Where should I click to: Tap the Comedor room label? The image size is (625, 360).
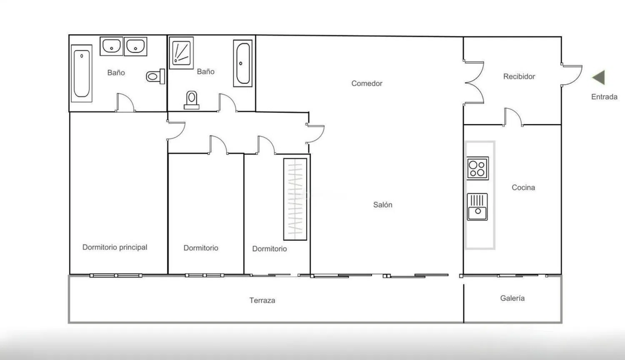pos(367,83)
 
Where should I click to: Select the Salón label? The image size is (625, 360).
pos(382,205)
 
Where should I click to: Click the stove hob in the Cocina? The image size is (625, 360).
pos(477,168)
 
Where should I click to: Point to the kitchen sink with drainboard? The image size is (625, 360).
pos(477,207)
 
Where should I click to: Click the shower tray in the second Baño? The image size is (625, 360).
pos(181,53)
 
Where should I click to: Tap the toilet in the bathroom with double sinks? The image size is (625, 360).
pos(155,76)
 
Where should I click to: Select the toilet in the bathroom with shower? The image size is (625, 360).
pos(191,100)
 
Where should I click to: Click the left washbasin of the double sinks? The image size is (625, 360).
pos(111,46)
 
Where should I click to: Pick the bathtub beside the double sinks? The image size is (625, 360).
pos(82,73)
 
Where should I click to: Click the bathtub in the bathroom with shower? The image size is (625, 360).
pos(243,63)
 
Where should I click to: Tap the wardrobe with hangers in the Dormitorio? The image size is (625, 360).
pos(295,199)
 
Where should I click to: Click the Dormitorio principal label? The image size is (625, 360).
pos(115,247)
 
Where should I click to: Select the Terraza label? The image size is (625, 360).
pos(262,300)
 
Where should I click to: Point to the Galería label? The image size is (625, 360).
pos(512,298)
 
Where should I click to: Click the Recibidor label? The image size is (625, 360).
pos(519,77)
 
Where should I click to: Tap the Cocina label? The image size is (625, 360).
pos(523,187)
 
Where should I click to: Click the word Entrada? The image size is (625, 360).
pos(604,97)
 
